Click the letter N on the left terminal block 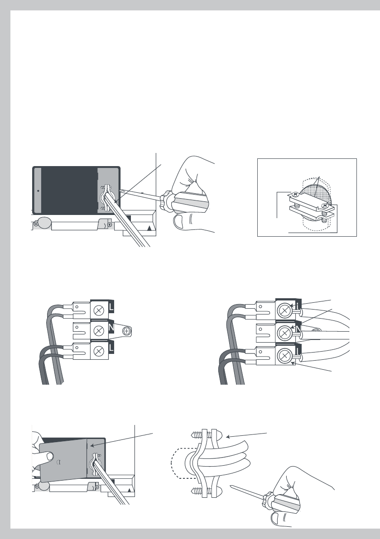[x=111, y=328]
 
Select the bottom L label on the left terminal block [x=111, y=348]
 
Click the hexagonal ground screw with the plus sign [x=127, y=331]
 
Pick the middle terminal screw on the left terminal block [x=99, y=331]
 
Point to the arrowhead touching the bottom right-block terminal [x=293, y=363]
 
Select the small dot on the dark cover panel [x=38, y=191]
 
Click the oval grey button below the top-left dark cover [x=43, y=222]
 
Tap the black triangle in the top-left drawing [x=149, y=228]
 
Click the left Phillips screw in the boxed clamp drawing [x=294, y=195]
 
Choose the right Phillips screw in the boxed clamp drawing [x=324, y=205]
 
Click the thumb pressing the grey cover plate [x=49, y=457]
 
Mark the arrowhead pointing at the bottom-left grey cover [x=92, y=446]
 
